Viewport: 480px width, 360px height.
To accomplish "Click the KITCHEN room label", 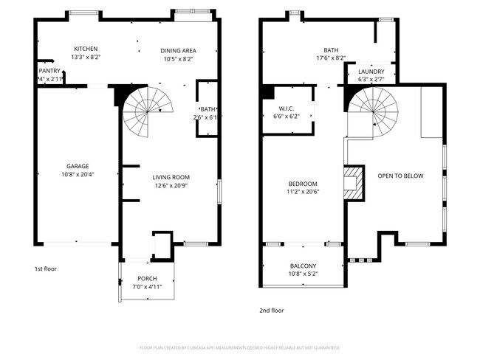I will click(x=85, y=49).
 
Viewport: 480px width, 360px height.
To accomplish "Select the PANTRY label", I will click(x=49, y=71).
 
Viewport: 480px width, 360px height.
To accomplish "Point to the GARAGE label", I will click(x=77, y=166).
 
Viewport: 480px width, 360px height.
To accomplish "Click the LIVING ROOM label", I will click(x=171, y=177).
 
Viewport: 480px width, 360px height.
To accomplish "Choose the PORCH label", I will click(x=147, y=278).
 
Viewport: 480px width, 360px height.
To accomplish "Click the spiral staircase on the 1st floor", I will click(x=147, y=110).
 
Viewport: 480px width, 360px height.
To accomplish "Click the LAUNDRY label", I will click(x=371, y=72).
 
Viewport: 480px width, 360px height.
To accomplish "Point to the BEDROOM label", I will click(x=303, y=184).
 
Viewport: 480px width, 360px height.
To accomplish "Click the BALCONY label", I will click(x=303, y=266).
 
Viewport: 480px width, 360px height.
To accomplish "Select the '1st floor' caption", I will click(x=45, y=269).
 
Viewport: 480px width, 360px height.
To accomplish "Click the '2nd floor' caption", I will click(x=271, y=311).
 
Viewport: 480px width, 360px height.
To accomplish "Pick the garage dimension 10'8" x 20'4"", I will click(x=77, y=174).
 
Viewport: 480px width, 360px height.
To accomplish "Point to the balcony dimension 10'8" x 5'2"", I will click(x=303, y=274).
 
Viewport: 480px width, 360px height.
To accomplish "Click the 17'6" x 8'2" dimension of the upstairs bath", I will click(x=331, y=58).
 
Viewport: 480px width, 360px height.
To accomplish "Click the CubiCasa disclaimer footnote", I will click(x=239, y=347).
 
